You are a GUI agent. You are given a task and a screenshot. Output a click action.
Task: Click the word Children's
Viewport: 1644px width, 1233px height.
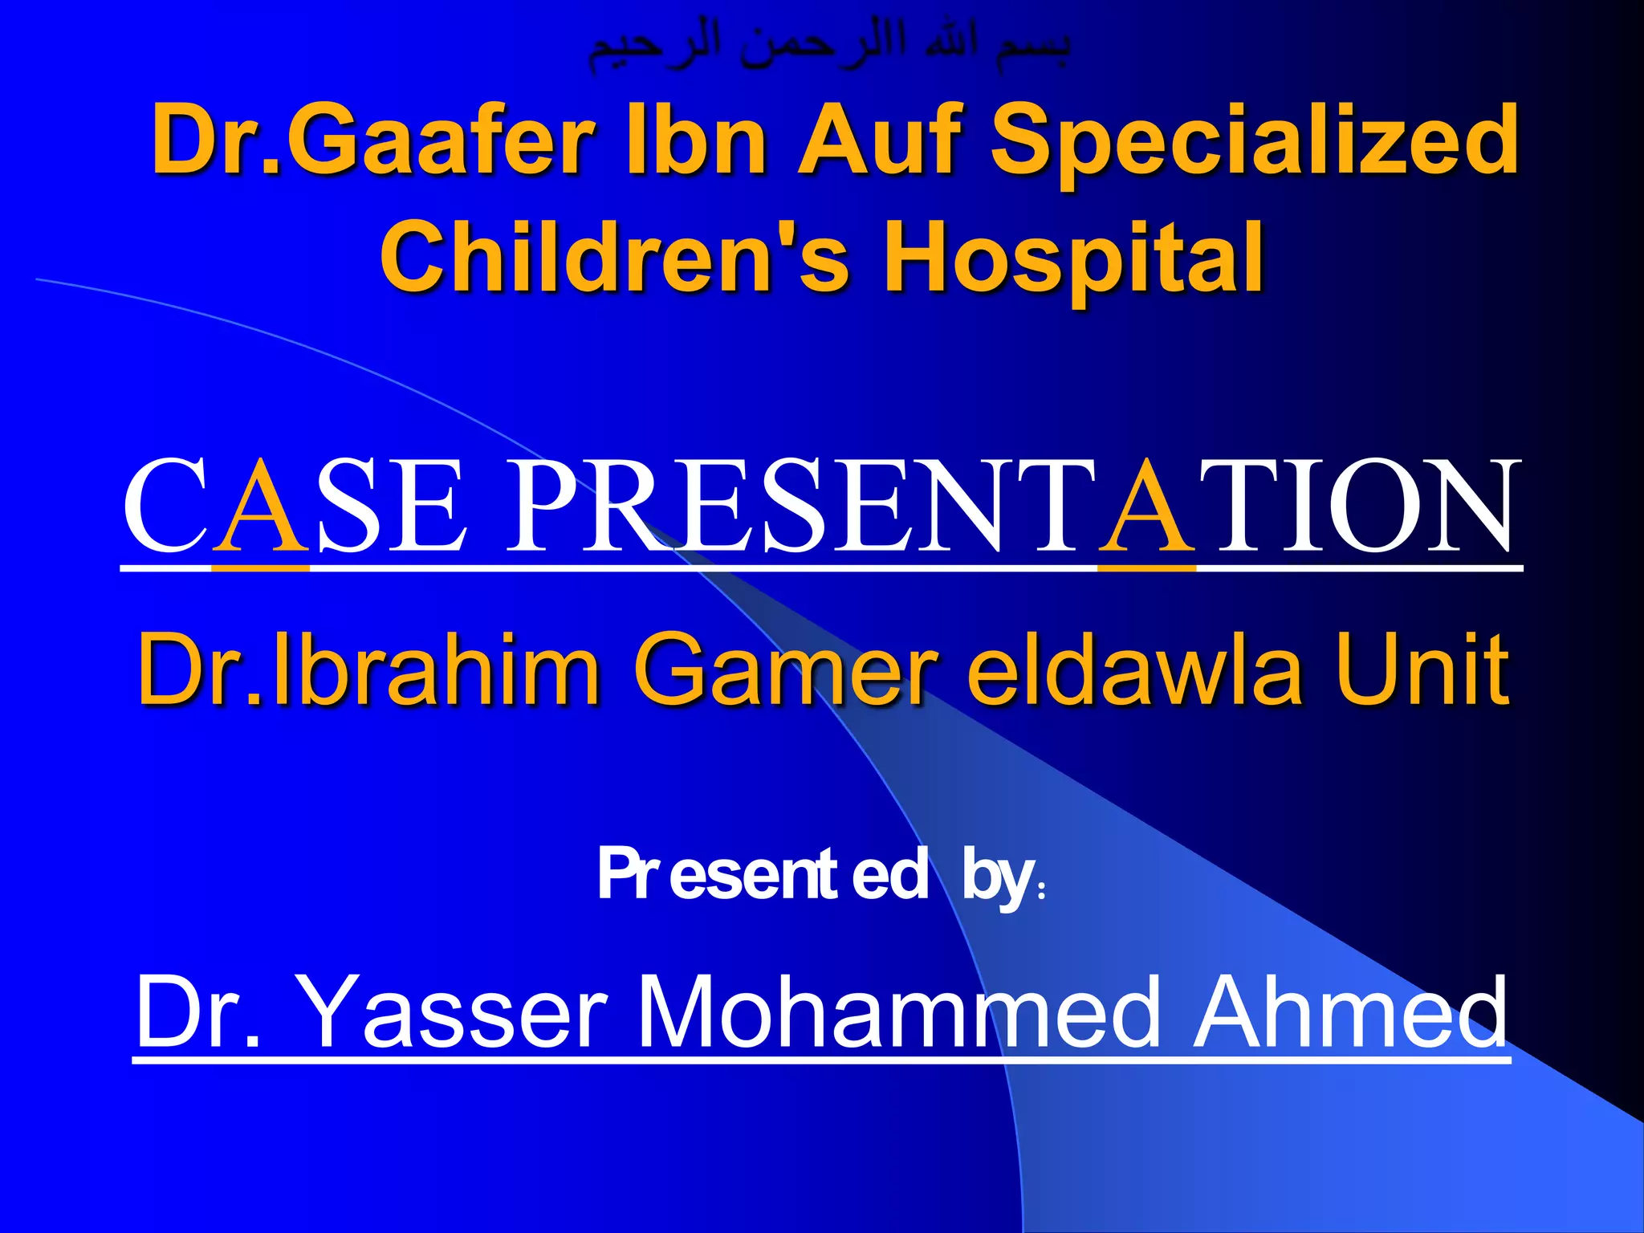coord(615,257)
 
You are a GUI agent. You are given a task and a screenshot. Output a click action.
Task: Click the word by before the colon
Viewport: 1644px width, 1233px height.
coord(997,879)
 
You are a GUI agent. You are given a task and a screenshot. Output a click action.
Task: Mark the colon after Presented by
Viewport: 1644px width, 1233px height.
coord(1041,891)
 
